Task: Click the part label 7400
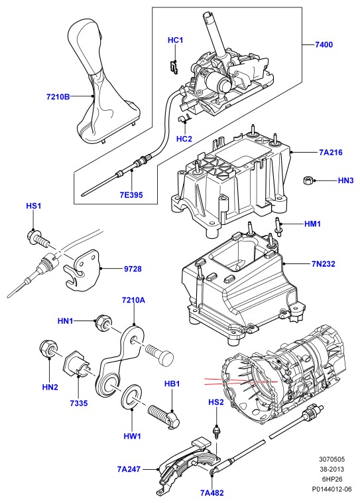coord(324,44)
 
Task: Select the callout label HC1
coord(175,40)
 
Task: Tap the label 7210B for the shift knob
coord(58,96)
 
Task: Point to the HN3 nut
coord(308,180)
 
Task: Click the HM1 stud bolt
coord(278,226)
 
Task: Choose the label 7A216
coord(331,153)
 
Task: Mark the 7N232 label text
coord(323,263)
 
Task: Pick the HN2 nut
coord(48,348)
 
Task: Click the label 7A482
coord(212,493)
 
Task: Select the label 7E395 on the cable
coord(131,194)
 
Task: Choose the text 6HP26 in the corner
coord(332,479)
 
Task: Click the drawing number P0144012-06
coord(332,489)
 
